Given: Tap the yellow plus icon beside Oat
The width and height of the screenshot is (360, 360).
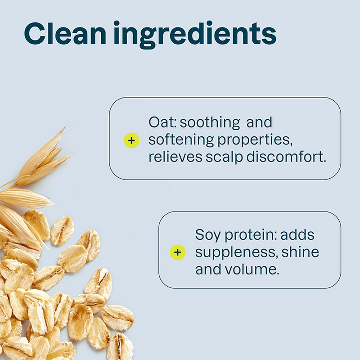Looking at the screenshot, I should [x=131, y=140].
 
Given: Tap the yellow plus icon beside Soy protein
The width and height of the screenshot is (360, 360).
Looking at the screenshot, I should [x=177, y=252].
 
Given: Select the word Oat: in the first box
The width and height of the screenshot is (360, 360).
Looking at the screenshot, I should [x=163, y=122].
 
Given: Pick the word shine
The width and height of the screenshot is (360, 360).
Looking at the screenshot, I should [x=300, y=252].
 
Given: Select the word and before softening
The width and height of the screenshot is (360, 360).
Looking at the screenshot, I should [x=259, y=122].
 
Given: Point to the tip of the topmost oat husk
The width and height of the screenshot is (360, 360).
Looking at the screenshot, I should [x=65, y=127].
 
